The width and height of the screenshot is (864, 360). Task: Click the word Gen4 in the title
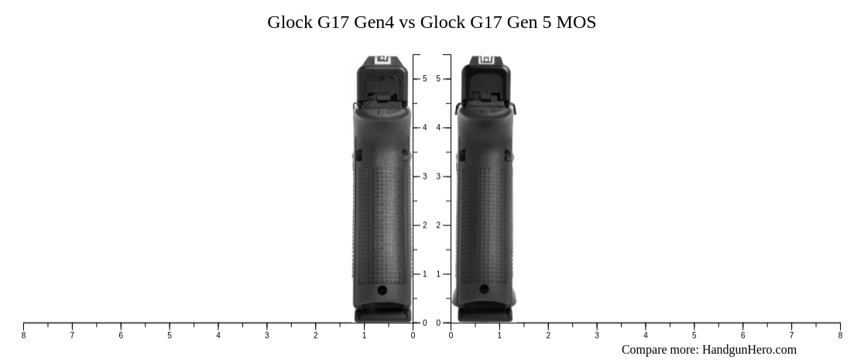tap(373, 22)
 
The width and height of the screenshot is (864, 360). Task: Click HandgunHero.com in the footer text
tap(749, 350)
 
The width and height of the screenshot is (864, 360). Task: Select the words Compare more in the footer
tap(660, 350)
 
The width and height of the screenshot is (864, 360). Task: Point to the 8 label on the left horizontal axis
tap(23, 335)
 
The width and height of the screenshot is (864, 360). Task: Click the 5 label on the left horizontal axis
tap(170, 335)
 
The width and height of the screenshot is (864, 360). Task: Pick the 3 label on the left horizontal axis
tap(267, 335)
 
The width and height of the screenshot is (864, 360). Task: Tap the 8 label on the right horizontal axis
tap(840, 335)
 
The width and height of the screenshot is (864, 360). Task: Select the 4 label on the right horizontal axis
tap(646, 335)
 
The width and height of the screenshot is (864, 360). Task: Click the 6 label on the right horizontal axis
tap(743, 335)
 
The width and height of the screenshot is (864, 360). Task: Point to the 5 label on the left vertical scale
tap(424, 79)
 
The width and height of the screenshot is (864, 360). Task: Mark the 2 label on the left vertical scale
tap(424, 225)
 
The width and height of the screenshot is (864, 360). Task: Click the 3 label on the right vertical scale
tap(439, 177)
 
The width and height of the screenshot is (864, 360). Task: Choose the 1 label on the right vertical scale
tap(439, 274)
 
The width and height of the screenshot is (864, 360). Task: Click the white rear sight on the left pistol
tap(382, 60)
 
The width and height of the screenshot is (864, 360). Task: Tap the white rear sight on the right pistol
tap(485, 60)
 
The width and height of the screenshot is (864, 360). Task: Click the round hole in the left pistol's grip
tap(382, 290)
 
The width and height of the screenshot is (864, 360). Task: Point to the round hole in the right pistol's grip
tap(485, 290)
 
